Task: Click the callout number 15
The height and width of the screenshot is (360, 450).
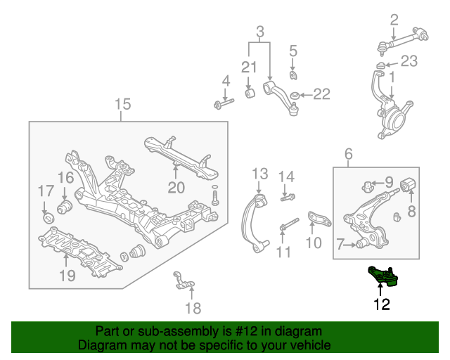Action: coord(122,105)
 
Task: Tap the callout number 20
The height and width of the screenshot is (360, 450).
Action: coord(175,187)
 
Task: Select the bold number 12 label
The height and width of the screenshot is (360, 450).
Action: coord(382,304)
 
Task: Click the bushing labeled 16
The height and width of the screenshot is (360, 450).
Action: coord(65,206)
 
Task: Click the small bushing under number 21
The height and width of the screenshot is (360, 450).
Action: coord(249,93)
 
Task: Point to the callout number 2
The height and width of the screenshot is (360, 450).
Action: coord(394,20)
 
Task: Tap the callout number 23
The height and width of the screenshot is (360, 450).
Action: coord(409,61)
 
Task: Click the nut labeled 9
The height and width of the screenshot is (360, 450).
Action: coord(366,187)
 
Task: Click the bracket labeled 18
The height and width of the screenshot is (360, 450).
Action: coord(182,282)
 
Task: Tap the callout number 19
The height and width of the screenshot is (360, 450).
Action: coord(67,276)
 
